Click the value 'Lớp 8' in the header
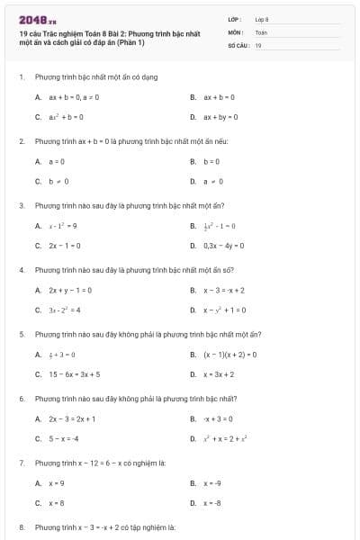click(x=262, y=18)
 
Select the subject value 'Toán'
click(x=261, y=31)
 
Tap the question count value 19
click(x=258, y=44)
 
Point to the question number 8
click(x=21, y=526)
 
